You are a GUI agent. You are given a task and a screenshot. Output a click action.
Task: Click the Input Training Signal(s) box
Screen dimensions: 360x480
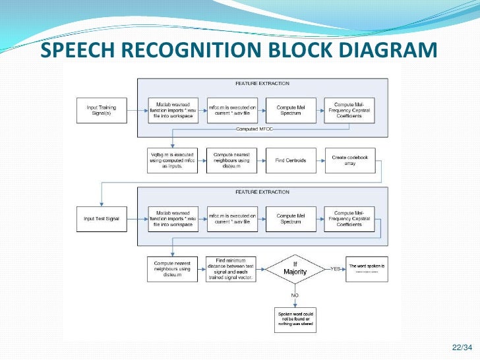click(x=102, y=110)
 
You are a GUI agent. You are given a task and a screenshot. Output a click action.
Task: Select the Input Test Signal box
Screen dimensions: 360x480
click(x=102, y=218)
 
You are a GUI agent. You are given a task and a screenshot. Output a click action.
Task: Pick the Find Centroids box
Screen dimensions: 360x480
click(x=290, y=160)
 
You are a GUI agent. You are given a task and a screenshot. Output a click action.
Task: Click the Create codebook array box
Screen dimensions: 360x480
click(x=349, y=160)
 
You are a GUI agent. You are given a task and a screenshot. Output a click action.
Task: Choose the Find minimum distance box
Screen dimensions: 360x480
click(x=231, y=269)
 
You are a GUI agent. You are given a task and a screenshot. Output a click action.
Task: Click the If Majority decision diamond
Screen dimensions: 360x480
click(x=295, y=269)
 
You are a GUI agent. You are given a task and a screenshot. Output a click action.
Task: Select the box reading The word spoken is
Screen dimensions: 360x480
click(x=367, y=269)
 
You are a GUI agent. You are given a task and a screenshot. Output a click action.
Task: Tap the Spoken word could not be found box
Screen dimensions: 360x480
click(x=295, y=318)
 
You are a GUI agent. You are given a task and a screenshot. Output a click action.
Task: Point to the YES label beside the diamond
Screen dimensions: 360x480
click(x=335, y=269)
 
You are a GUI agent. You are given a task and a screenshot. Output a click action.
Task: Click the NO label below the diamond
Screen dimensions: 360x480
click(x=295, y=295)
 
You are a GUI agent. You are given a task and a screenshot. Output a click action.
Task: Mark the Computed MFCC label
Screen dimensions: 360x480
click(x=256, y=129)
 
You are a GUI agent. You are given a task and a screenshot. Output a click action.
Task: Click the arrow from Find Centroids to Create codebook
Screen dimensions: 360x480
click(x=320, y=160)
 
